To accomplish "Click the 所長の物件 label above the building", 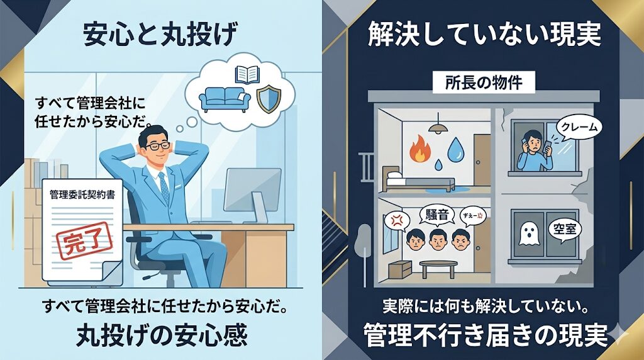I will [483, 82].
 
